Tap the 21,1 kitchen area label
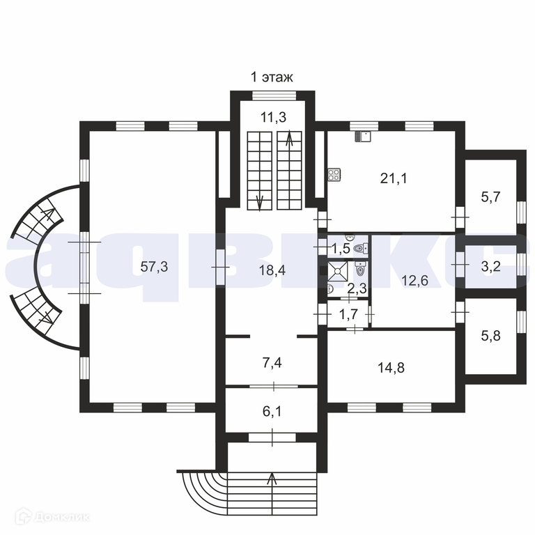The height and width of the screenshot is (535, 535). pyautogui.click(x=394, y=178)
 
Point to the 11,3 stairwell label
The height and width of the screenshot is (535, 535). pyautogui.click(x=273, y=117)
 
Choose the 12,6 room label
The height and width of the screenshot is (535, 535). pyautogui.click(x=414, y=281)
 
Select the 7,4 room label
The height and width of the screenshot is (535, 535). pyautogui.click(x=272, y=362)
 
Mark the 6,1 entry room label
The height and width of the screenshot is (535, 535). pyautogui.click(x=272, y=411)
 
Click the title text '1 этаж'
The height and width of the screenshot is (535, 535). pyautogui.click(x=272, y=77)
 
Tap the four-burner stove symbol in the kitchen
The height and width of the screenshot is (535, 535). pyautogui.click(x=333, y=174)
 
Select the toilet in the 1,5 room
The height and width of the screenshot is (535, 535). pyautogui.click(x=359, y=247)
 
